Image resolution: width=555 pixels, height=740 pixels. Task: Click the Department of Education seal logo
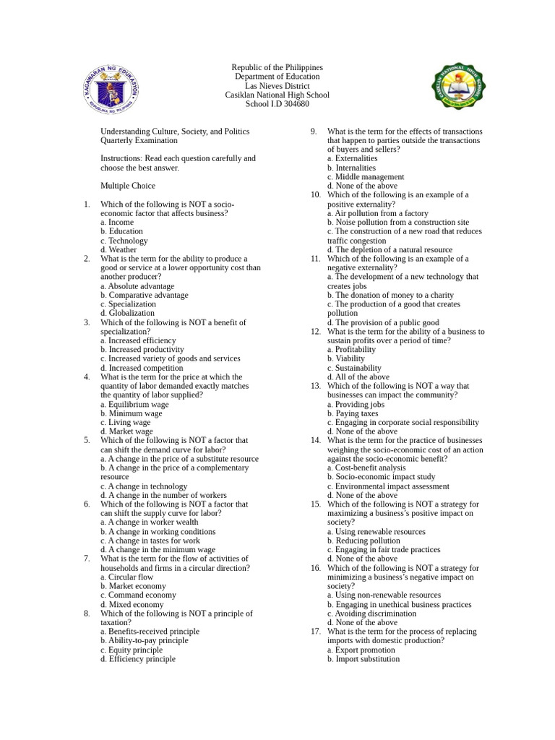click(x=111, y=88)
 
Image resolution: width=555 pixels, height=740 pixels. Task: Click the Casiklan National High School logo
click(x=458, y=87)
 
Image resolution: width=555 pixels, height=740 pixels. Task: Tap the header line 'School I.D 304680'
click(x=277, y=104)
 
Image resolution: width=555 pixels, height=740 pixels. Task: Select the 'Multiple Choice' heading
click(x=127, y=186)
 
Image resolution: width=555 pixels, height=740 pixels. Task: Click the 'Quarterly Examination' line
click(x=139, y=140)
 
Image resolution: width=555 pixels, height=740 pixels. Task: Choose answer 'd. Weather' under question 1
click(x=119, y=250)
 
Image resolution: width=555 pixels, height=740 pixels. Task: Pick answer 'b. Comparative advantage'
click(x=145, y=295)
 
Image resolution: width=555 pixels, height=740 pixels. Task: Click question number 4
click(x=87, y=377)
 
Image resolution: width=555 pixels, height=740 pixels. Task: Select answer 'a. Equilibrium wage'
click(x=134, y=405)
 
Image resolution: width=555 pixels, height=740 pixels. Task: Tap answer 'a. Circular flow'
click(x=127, y=577)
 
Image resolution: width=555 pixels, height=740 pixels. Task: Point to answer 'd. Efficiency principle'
click(x=138, y=658)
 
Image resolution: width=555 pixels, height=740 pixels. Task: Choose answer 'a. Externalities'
click(x=352, y=158)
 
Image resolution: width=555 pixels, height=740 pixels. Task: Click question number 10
click(x=316, y=194)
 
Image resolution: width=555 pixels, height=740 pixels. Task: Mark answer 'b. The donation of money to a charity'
click(x=390, y=295)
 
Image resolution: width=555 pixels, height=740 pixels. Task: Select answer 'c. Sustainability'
click(x=354, y=368)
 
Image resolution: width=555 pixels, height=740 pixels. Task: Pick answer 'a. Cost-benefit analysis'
click(x=366, y=468)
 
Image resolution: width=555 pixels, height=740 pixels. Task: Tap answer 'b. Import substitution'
click(x=363, y=658)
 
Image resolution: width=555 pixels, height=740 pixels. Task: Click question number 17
click(x=316, y=631)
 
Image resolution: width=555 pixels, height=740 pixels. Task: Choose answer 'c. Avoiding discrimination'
click(x=371, y=614)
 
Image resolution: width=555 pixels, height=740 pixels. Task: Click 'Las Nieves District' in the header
click(x=277, y=86)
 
